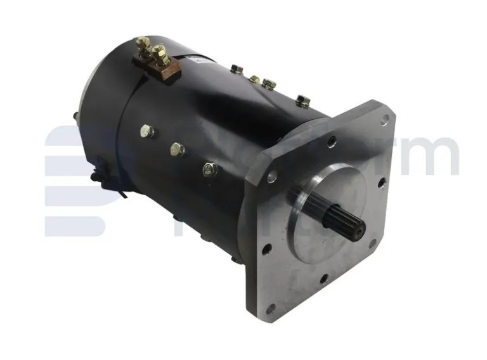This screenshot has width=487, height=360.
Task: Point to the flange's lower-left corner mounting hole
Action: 271,308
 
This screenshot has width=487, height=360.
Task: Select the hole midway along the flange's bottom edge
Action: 323,277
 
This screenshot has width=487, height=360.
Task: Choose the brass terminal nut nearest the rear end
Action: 143,44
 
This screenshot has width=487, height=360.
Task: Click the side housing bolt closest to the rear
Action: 146,131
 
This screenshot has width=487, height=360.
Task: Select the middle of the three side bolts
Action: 177,150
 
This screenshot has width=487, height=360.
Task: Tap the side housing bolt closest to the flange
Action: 210,169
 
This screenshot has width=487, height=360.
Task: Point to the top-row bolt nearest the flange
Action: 302,100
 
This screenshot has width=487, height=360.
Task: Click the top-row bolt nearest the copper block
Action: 237,69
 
